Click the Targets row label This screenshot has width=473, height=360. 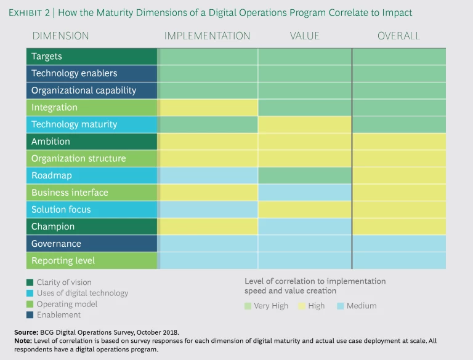click(x=47, y=57)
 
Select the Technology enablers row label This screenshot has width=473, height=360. click(x=74, y=73)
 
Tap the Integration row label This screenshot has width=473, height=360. click(x=54, y=108)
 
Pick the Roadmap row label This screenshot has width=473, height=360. click(x=51, y=175)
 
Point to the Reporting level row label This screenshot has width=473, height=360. click(x=63, y=260)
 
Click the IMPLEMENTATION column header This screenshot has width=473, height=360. click(x=207, y=36)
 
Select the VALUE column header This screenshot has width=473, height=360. click(x=305, y=36)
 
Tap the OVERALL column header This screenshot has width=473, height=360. click(x=398, y=36)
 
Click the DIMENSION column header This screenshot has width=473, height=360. click(x=60, y=36)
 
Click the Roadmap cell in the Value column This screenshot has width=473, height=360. click(x=305, y=175)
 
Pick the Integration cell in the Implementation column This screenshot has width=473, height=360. click(x=208, y=108)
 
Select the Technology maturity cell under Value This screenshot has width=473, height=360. click(x=305, y=124)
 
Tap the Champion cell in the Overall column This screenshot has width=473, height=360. click(x=399, y=226)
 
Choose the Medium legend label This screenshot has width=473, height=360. click(x=361, y=306)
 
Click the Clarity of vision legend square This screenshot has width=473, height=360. click(x=31, y=282)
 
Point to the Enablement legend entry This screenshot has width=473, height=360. click(x=59, y=315)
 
